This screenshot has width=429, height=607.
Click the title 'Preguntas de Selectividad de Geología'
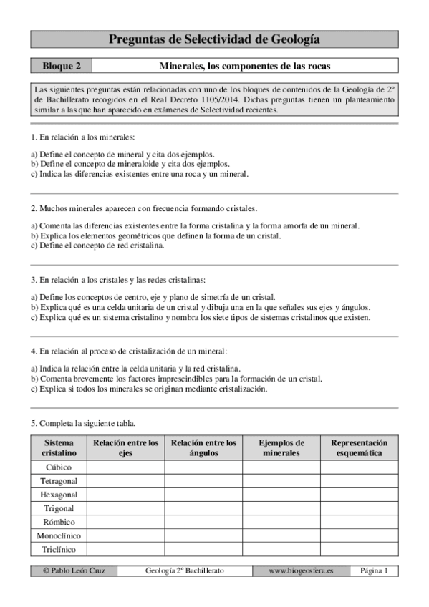[214, 39]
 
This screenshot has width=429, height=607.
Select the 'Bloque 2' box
[61, 66]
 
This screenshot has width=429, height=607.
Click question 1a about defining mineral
[122, 154]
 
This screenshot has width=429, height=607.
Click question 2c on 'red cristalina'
[97, 246]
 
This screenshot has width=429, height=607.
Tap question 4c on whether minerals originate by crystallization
[149, 389]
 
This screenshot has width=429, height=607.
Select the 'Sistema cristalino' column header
[59, 448]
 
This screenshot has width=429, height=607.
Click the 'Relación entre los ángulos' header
[203, 448]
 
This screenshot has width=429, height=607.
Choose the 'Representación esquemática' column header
[359, 448]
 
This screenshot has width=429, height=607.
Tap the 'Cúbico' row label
[59, 467]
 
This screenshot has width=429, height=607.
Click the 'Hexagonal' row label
[59, 495]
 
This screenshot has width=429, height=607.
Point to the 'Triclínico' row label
[59, 550]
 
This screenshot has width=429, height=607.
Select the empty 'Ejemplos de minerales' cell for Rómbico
[281, 523]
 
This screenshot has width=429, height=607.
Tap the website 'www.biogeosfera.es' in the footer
[300, 571]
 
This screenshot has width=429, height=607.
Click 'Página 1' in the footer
[374, 571]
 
